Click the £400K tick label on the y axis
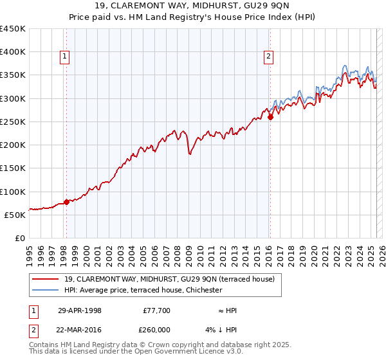13,52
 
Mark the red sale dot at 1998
67,202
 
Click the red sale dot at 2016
270,117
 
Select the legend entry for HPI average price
143,290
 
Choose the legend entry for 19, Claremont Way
169,278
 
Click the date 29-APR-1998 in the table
80,310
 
